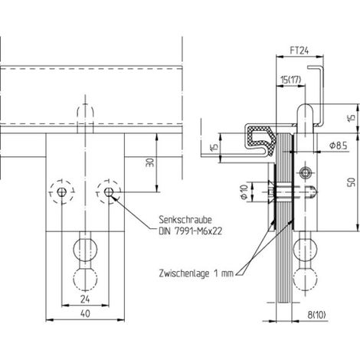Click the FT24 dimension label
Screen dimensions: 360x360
pos(299,51)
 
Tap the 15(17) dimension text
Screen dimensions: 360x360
pos(291,80)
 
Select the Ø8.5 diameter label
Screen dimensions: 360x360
pos(338,146)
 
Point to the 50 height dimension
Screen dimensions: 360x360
pos(352,182)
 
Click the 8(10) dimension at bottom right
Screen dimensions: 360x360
pos(316,315)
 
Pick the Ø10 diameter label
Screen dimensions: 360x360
pos(244,192)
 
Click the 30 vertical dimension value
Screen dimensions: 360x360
pos(150,162)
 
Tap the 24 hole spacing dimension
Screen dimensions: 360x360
pos(85,299)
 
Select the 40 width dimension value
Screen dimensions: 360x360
pos(85,313)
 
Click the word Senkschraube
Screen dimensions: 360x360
pos(185,220)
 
